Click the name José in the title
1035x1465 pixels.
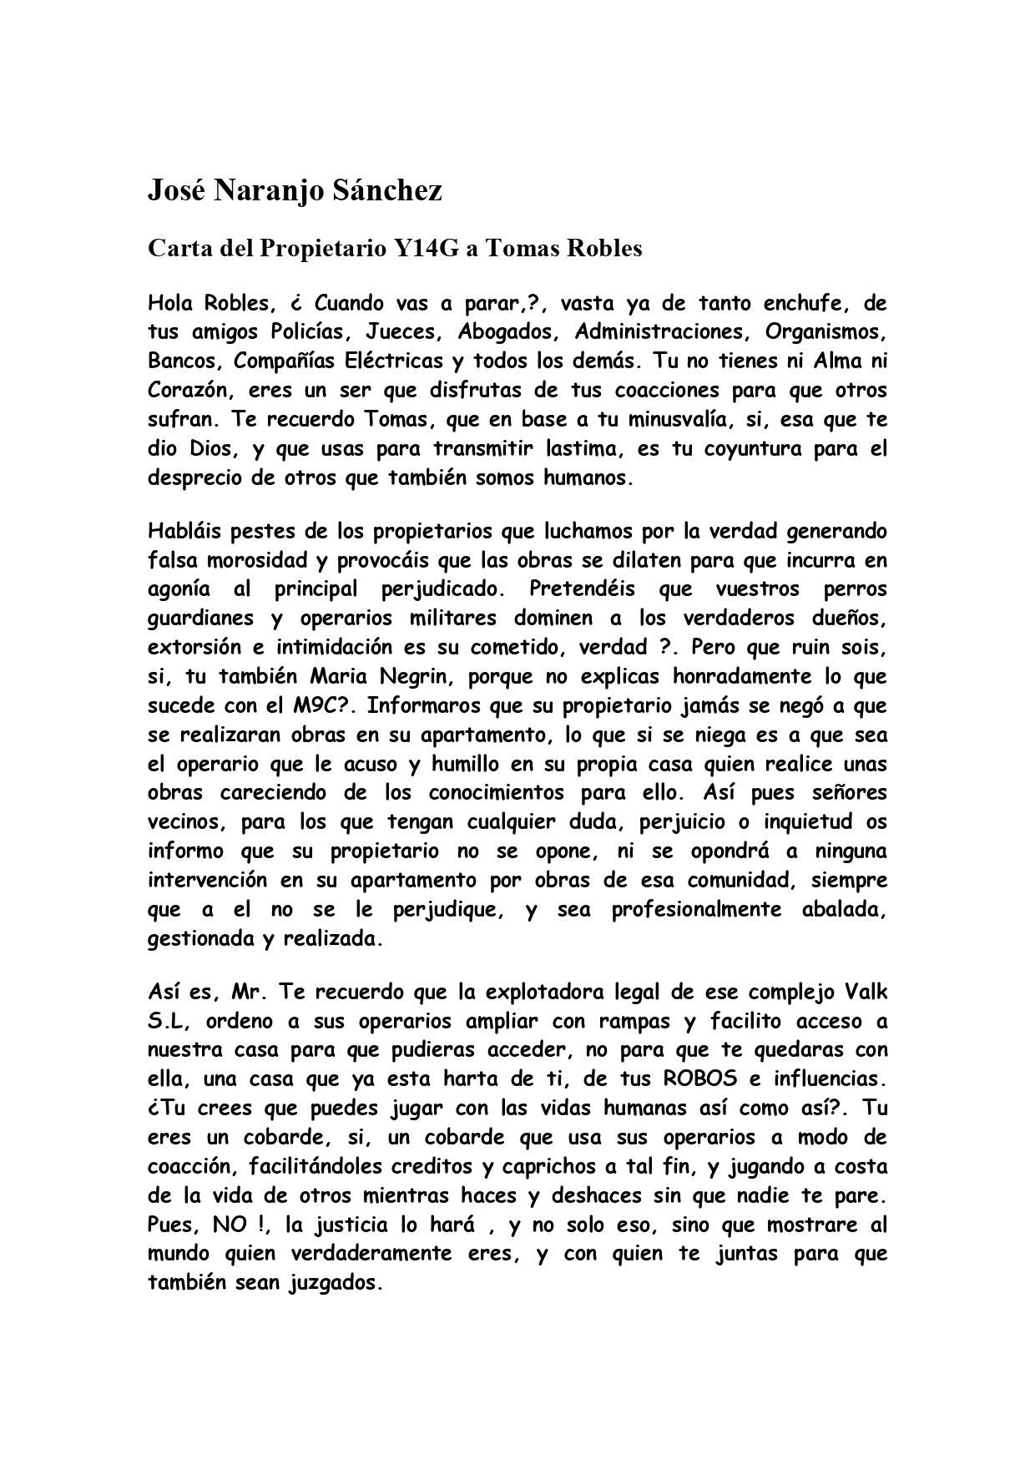[176, 191]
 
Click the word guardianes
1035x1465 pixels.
[200, 618]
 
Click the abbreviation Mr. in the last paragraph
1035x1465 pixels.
[250, 993]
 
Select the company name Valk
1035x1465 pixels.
[866, 993]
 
